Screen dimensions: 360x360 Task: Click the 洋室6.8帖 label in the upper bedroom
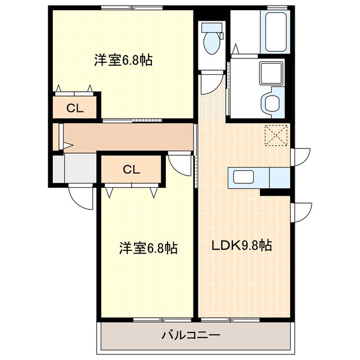[x=123, y=60]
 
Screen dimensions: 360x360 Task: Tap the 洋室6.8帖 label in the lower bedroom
[x=148, y=247]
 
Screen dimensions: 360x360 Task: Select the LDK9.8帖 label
[x=242, y=245]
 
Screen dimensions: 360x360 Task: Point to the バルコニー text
[x=191, y=335]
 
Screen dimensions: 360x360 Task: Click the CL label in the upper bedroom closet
[x=75, y=109]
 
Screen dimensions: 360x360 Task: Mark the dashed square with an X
[x=276, y=135]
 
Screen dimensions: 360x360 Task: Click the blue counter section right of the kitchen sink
[x=279, y=177]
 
